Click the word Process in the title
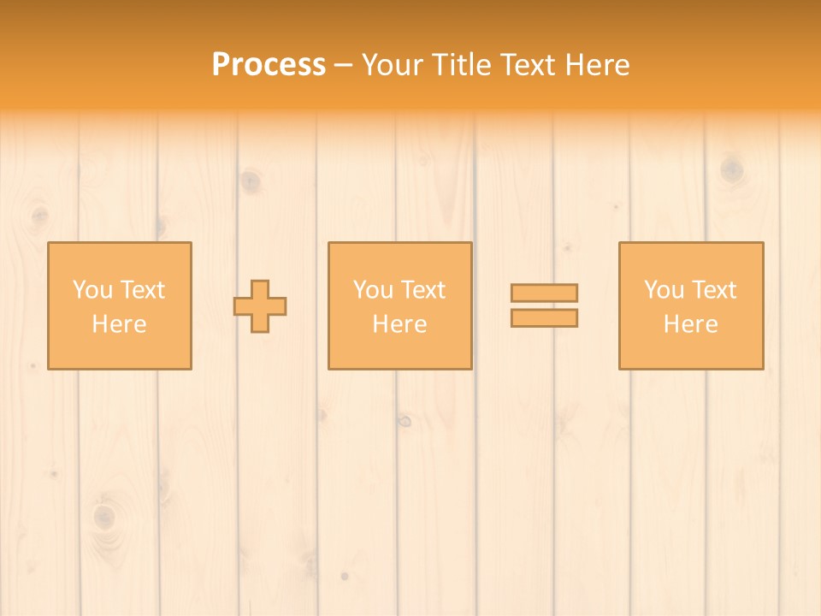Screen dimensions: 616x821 [269, 65]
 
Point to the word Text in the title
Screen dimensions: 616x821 [528, 65]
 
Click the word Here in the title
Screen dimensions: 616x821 [597, 65]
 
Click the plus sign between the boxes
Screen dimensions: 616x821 [260, 306]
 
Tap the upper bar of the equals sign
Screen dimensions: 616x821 [544, 293]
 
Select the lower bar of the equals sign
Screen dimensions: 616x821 [544, 317]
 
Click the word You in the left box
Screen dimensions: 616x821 [92, 290]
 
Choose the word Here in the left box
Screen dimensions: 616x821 [119, 324]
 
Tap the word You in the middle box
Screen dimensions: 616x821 [373, 290]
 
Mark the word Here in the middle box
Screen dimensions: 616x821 [399, 324]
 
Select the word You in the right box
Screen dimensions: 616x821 [664, 290]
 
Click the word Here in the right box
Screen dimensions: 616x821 [690, 324]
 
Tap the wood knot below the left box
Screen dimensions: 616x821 [103, 516]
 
